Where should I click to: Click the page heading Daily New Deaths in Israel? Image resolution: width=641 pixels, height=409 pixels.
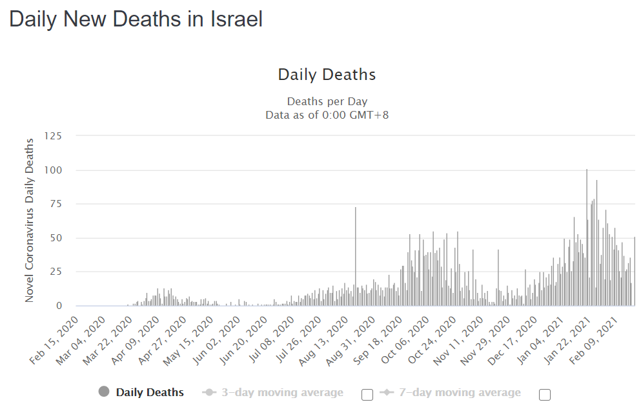click(136, 19)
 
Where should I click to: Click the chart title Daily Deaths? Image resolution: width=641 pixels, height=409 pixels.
click(327, 75)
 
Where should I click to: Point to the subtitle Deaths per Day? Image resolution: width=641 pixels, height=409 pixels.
click(327, 102)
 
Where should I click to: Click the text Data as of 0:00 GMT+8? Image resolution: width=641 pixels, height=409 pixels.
click(327, 115)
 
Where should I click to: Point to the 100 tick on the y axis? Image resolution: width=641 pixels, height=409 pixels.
click(53, 170)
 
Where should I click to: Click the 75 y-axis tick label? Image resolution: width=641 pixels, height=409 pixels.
click(56, 204)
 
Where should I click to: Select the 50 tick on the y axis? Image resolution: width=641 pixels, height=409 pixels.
click(56, 238)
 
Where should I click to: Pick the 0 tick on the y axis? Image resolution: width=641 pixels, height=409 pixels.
click(59, 306)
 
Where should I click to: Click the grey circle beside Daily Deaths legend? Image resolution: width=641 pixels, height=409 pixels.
click(104, 392)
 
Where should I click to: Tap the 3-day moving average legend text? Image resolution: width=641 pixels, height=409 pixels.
click(282, 392)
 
